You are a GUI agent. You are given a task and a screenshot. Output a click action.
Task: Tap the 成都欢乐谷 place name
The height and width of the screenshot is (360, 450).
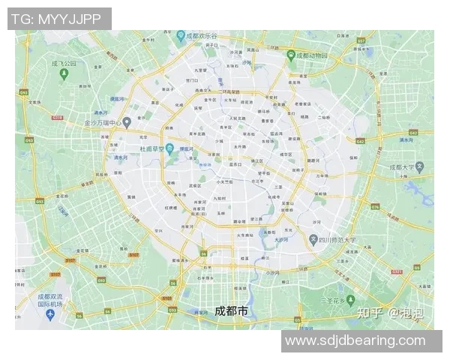click(202, 35)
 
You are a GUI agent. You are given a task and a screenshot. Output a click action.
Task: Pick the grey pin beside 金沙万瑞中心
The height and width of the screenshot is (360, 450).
click(127, 121)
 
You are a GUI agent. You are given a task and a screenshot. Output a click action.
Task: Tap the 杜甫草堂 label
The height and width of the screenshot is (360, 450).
click(147, 148)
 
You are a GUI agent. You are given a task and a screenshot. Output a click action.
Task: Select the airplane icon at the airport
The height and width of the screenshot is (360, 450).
click(49, 314)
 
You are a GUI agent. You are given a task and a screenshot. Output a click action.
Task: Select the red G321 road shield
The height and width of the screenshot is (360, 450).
click(397, 271)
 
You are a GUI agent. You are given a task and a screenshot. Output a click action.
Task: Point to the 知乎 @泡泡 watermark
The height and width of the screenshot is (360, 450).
click(390, 313)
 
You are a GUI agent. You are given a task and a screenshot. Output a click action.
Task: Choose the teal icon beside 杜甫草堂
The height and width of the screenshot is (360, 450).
click(170, 148)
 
